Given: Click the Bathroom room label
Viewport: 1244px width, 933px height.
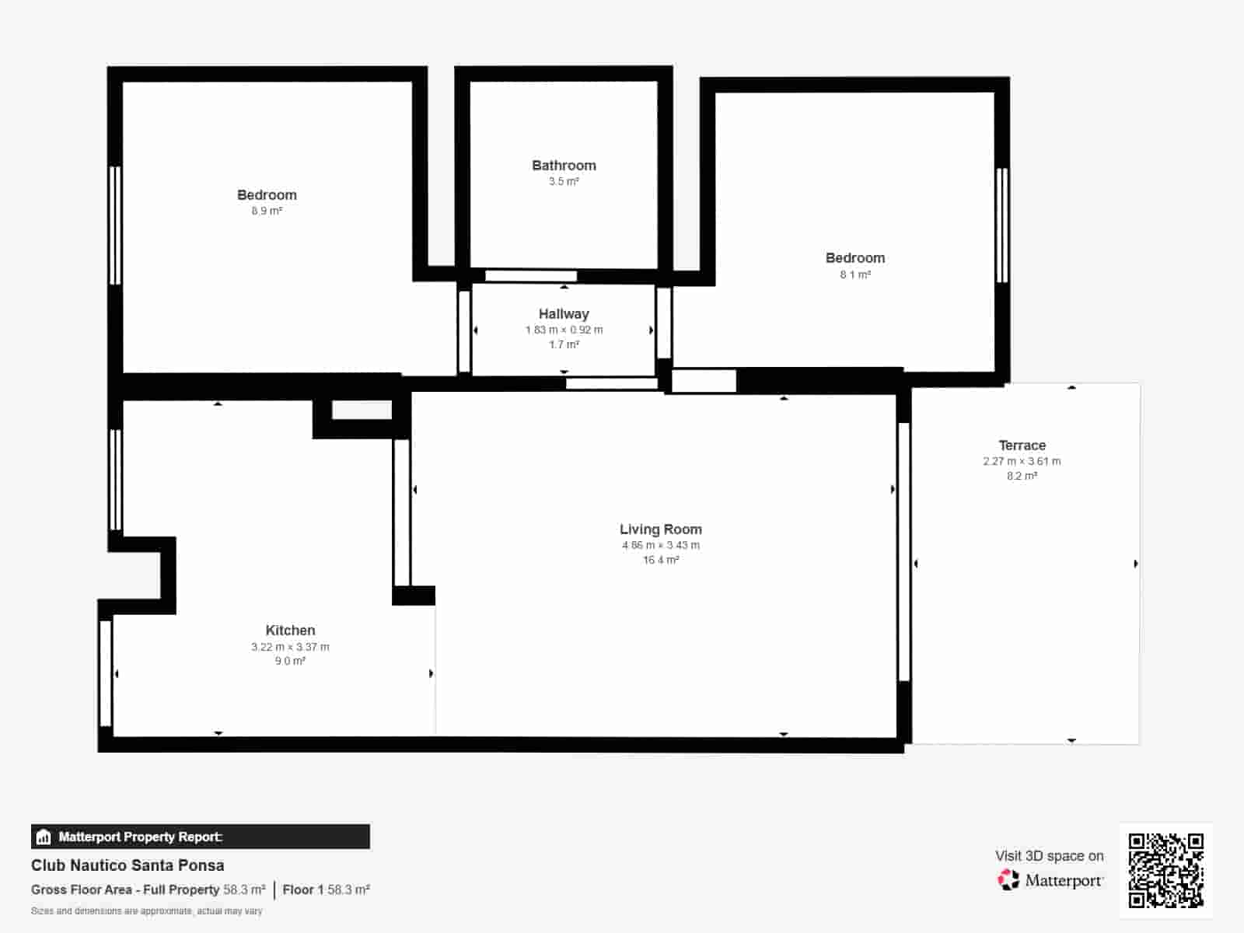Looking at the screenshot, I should click(x=564, y=166).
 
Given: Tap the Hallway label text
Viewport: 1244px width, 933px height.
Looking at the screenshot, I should click(x=564, y=314).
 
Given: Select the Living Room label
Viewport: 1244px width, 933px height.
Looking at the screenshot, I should click(x=660, y=529).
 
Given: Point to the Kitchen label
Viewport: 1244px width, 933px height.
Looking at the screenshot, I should click(x=290, y=631).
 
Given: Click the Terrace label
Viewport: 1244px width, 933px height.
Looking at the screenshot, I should click(x=1022, y=446).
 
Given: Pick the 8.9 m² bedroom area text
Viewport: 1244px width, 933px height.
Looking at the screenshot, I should click(x=267, y=211).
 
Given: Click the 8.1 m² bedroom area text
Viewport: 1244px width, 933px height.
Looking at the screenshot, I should click(x=854, y=274).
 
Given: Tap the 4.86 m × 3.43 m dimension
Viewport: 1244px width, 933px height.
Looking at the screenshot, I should click(x=660, y=545).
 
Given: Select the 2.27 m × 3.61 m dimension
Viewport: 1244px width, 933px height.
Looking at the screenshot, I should click(x=1022, y=461).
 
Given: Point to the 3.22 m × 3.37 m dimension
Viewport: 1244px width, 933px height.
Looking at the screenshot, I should click(x=290, y=647).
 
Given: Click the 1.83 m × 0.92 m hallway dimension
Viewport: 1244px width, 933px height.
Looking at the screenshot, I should click(x=564, y=330).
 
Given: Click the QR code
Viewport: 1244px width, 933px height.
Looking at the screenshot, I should click(x=1165, y=870).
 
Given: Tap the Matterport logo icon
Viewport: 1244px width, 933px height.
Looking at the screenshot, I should click(x=1008, y=880).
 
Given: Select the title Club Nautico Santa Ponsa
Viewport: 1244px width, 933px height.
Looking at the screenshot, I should click(x=128, y=865).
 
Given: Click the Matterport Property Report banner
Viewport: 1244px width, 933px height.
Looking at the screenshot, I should click(x=200, y=837).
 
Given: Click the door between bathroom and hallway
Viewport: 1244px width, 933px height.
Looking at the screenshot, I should click(x=531, y=276).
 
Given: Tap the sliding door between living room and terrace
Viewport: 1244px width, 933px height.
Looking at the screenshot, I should click(x=903, y=552).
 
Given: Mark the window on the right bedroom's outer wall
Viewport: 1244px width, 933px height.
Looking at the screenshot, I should click(x=1002, y=225).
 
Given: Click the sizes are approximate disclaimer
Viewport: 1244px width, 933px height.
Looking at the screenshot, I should click(x=146, y=911).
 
